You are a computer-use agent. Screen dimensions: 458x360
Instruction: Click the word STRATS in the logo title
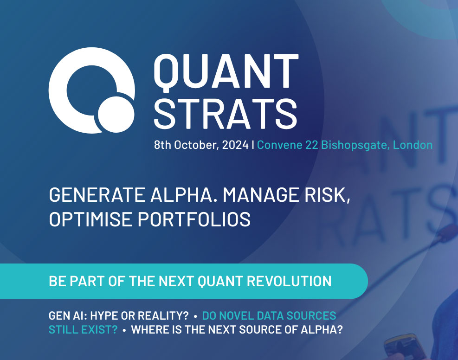pyautogui.click(x=226, y=113)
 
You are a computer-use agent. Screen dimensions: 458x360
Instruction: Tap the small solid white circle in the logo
pyautogui.click(x=116, y=114)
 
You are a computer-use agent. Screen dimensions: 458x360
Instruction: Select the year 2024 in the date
pyautogui.click(x=235, y=145)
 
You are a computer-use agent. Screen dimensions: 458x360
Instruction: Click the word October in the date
pyautogui.click(x=196, y=145)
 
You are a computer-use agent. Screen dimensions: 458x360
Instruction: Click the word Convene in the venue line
pyautogui.click(x=279, y=145)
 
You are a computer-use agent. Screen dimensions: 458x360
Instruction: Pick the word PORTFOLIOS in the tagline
pyautogui.click(x=194, y=219)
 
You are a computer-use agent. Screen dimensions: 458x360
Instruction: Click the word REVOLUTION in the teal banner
pyautogui.click(x=289, y=281)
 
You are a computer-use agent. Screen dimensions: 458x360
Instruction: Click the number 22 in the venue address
pyautogui.click(x=312, y=145)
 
